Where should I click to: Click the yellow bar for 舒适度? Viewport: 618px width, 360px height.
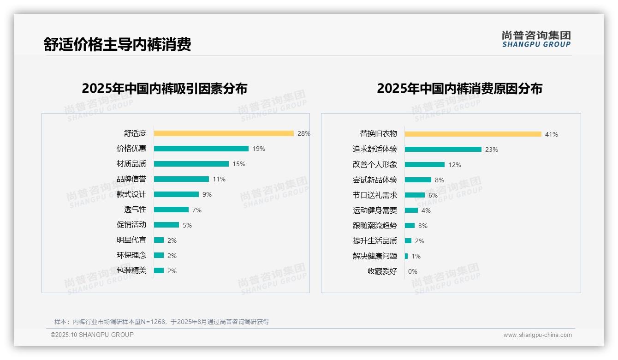pyautogui.click(x=224, y=133)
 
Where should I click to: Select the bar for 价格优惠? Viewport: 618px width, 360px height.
pyautogui.click(x=201, y=149)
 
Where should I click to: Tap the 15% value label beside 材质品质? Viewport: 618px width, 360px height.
pyautogui.click(x=239, y=164)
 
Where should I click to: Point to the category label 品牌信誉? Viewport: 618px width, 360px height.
pyautogui.click(x=131, y=179)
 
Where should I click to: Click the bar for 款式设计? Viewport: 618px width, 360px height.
pyautogui.click(x=176, y=194)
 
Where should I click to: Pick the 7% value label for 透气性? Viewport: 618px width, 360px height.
pyautogui.click(x=197, y=210)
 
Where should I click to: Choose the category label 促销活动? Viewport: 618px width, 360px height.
pyautogui.click(x=131, y=225)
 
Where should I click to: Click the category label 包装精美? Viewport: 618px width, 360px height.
pyautogui.click(x=131, y=270)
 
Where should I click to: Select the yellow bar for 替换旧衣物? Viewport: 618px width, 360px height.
pyautogui.click(x=473, y=134)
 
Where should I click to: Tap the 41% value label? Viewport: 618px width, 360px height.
pyautogui.click(x=552, y=134)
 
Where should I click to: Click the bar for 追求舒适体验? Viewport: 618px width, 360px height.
pyautogui.click(x=443, y=150)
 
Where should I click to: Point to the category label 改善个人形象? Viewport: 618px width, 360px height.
pyautogui.click(x=375, y=165)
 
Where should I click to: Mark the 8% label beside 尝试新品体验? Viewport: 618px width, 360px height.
pyautogui.click(x=440, y=180)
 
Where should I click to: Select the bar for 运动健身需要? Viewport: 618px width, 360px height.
pyautogui.click(x=411, y=210)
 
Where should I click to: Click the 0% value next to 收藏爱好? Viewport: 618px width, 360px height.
pyautogui.click(x=413, y=271)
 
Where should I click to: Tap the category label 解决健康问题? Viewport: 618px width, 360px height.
pyautogui.click(x=375, y=256)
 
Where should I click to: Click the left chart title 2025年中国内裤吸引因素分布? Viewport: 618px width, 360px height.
pyautogui.click(x=165, y=89)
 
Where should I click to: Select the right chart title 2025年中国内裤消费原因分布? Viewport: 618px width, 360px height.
pyautogui.click(x=459, y=89)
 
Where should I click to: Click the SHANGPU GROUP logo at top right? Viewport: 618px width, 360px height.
pyautogui.click(x=536, y=39)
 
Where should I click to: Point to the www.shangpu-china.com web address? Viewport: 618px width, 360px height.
pyautogui.click(x=537, y=335)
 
